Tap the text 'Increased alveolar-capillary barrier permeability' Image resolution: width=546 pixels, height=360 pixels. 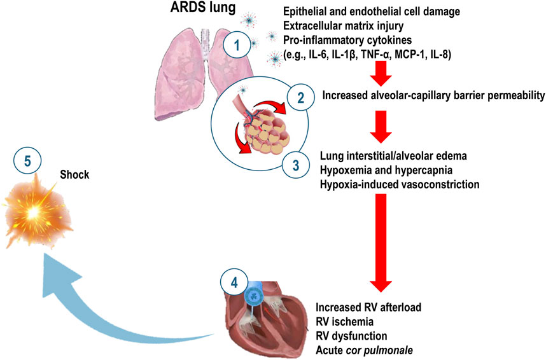tap(433, 96)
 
